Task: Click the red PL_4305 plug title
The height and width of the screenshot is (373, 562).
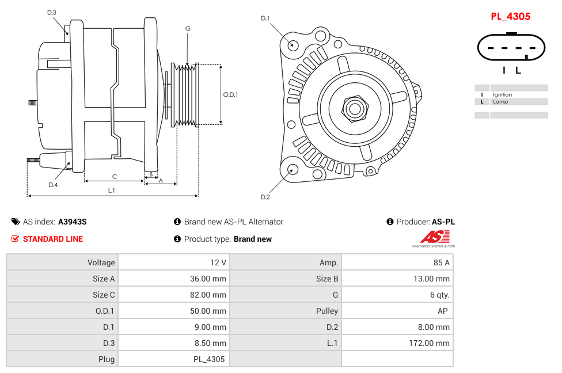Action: (x=510, y=17)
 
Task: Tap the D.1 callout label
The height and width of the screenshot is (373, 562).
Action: (x=265, y=18)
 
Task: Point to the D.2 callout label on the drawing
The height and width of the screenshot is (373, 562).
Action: (x=265, y=197)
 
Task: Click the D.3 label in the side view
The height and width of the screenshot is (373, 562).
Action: (x=52, y=12)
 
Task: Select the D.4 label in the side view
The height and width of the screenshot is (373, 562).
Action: (x=53, y=185)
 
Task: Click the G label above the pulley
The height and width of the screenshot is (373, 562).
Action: (x=188, y=28)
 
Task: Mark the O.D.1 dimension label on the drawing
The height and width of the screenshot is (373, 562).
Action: (x=230, y=94)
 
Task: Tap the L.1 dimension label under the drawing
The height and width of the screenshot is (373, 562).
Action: (x=112, y=191)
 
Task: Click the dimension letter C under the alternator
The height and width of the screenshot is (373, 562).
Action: (x=114, y=177)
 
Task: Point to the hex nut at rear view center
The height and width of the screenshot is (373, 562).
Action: (x=354, y=108)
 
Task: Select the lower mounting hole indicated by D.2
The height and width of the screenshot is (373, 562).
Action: (x=292, y=169)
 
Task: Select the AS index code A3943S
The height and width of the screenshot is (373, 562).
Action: (x=73, y=222)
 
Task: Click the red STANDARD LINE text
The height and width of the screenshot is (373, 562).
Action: (x=52, y=239)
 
